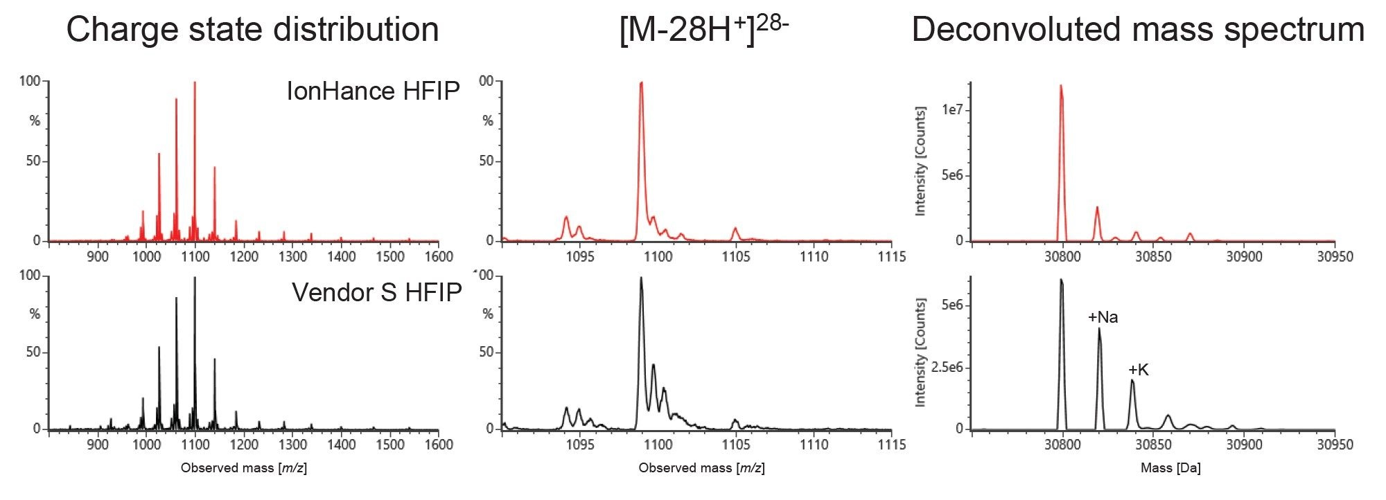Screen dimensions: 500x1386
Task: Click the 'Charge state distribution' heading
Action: [252, 30]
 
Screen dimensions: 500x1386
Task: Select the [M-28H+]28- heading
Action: [703, 30]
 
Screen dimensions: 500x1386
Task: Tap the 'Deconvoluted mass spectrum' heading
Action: [1138, 30]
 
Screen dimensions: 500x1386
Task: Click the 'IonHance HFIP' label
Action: [373, 91]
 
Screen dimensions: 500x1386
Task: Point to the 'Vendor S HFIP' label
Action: [376, 292]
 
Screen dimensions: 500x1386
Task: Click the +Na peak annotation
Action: [1103, 317]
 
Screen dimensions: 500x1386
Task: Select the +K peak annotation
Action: [1138, 370]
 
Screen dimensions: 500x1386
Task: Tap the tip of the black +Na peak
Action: [1099, 330]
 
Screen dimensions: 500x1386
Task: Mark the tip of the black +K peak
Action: [1132, 380]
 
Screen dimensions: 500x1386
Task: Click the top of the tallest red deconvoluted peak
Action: [1061, 87]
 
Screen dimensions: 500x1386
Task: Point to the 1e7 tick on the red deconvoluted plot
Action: [954, 110]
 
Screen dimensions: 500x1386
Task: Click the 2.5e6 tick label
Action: [947, 367]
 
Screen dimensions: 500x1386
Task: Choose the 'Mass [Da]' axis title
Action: [1170, 468]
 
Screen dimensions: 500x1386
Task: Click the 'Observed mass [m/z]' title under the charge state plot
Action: [244, 468]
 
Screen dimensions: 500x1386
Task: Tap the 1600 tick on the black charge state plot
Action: [438, 445]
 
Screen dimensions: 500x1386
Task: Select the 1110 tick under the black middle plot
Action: [814, 445]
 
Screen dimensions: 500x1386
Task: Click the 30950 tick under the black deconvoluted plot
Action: [1335, 445]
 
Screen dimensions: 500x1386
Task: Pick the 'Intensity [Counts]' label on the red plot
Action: [921, 161]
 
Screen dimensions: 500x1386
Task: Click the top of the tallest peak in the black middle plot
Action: [641, 278]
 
